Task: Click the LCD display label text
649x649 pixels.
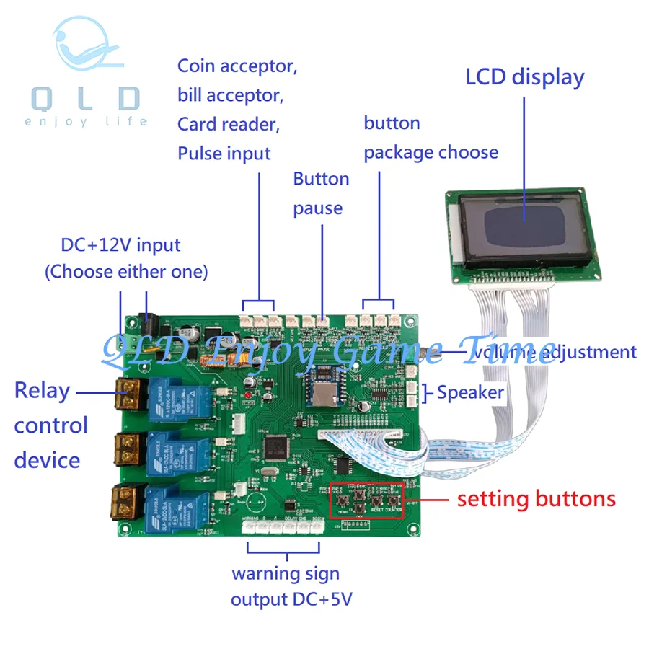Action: [524, 77]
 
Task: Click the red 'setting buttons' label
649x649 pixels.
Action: [537, 498]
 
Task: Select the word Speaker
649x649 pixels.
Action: [470, 392]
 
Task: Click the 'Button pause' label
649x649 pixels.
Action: [321, 193]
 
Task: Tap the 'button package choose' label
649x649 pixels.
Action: [431, 138]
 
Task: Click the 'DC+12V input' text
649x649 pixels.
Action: [120, 245]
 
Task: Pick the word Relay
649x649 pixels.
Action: [42, 391]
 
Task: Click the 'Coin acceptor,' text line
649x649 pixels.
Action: [237, 66]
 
